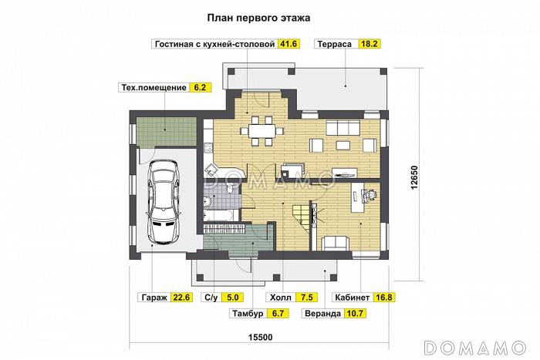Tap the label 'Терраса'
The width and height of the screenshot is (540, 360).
coord(334,45)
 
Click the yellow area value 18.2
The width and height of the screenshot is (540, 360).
coord(369,45)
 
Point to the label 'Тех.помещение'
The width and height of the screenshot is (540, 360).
coord(154,88)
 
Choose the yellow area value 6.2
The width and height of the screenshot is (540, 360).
coord(200,88)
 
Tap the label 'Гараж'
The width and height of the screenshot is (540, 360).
coord(154,297)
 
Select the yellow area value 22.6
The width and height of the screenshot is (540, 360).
coord(182,297)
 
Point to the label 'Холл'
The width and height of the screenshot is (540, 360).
coord(279,297)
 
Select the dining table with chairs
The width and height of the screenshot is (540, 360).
coord(259,130)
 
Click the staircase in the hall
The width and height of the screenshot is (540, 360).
coord(296,211)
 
